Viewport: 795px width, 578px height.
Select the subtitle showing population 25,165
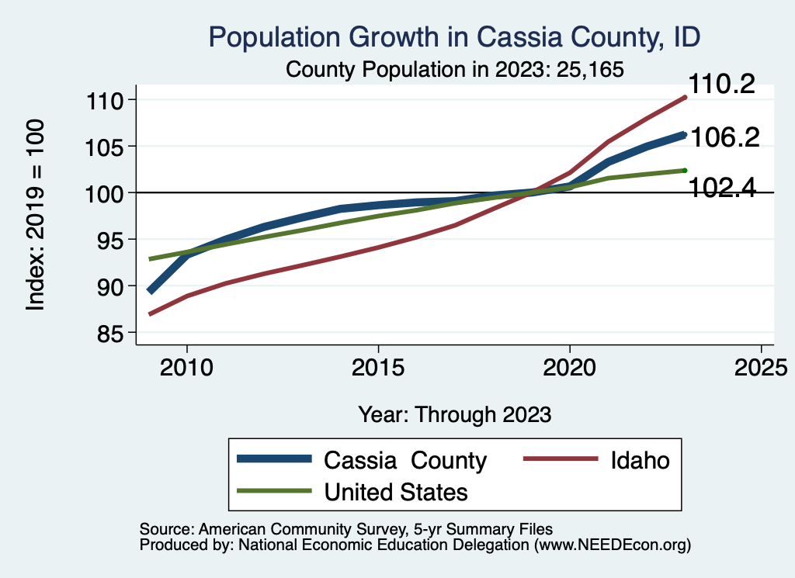point(455,69)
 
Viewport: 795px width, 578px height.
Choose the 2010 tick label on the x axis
point(186,367)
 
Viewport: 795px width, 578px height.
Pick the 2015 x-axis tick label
point(378,367)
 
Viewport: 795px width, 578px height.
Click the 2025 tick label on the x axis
point(761,367)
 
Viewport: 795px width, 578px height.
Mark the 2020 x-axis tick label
point(570,367)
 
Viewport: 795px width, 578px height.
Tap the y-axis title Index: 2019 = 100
point(36,216)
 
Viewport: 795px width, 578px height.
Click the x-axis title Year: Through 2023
point(455,414)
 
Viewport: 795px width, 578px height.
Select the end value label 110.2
point(723,84)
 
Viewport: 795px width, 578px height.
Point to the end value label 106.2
point(725,137)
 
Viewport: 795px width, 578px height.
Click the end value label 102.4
point(724,188)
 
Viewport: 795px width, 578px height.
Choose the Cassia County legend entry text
point(405,460)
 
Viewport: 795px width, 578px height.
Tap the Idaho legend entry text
point(638,460)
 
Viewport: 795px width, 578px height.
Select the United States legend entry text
point(396,492)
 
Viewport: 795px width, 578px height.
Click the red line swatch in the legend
point(561,460)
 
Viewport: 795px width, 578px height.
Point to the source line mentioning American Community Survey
point(345,528)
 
